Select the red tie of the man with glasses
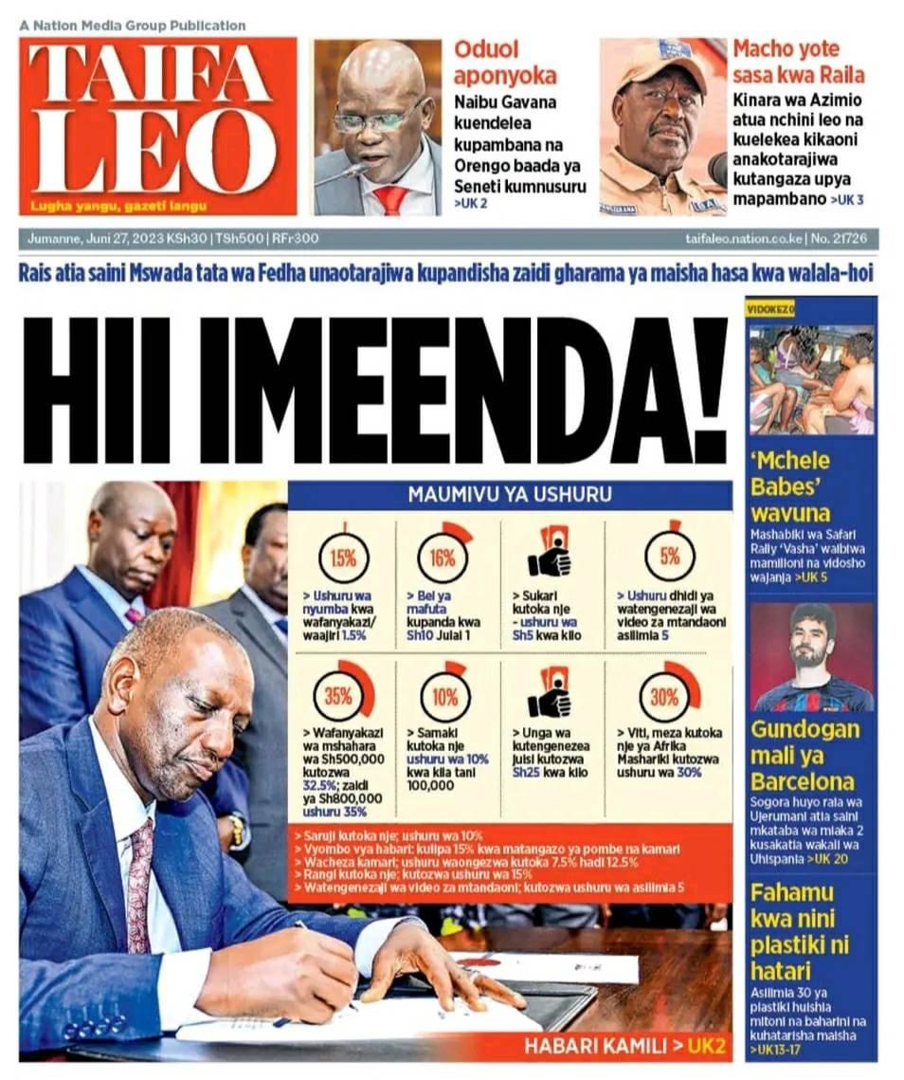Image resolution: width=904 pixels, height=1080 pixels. tap(389, 199)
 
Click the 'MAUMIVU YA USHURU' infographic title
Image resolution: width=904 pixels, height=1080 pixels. tap(510, 494)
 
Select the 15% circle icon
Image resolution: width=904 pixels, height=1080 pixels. tap(343, 558)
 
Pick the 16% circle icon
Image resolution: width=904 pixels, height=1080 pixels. tap(443, 557)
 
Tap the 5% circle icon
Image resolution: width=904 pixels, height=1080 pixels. tap(670, 556)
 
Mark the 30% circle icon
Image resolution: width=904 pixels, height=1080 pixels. tap(666, 696)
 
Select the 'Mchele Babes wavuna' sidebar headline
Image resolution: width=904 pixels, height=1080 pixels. tap(790, 487)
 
